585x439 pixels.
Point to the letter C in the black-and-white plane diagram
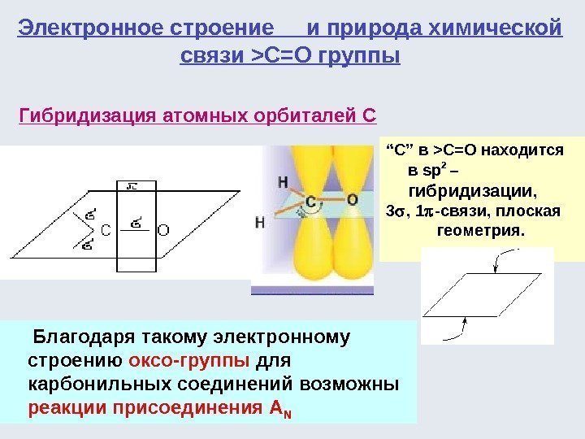pyautogui.click(x=104, y=231)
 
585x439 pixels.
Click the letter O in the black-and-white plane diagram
pyautogui.click(x=162, y=231)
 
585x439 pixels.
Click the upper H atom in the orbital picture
pyautogui.click(x=283, y=180)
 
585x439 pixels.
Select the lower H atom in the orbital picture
pyautogui.click(x=259, y=221)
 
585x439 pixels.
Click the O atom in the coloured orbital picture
pyautogui.click(x=352, y=198)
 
